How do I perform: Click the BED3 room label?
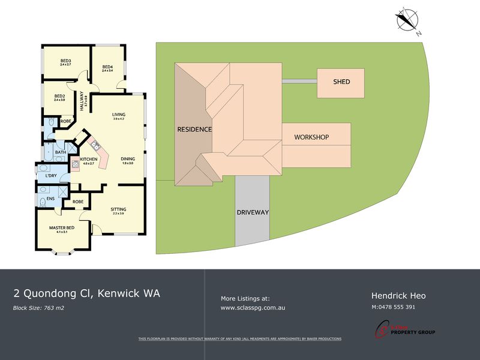coord(66,61)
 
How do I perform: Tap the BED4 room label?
coord(107,67)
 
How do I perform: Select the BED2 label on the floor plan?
coord(59,97)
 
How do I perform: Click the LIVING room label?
coord(118,115)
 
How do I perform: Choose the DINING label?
coord(127,159)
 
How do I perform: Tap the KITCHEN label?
coord(88,159)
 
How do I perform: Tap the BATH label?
coord(60,152)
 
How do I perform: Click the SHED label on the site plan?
coord(340,82)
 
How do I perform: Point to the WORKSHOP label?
coord(311,137)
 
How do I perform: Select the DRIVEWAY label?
coord(252,212)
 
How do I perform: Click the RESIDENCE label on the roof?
coord(194,130)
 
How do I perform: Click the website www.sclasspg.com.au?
coord(253,307)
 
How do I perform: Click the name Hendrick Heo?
coord(398,295)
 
